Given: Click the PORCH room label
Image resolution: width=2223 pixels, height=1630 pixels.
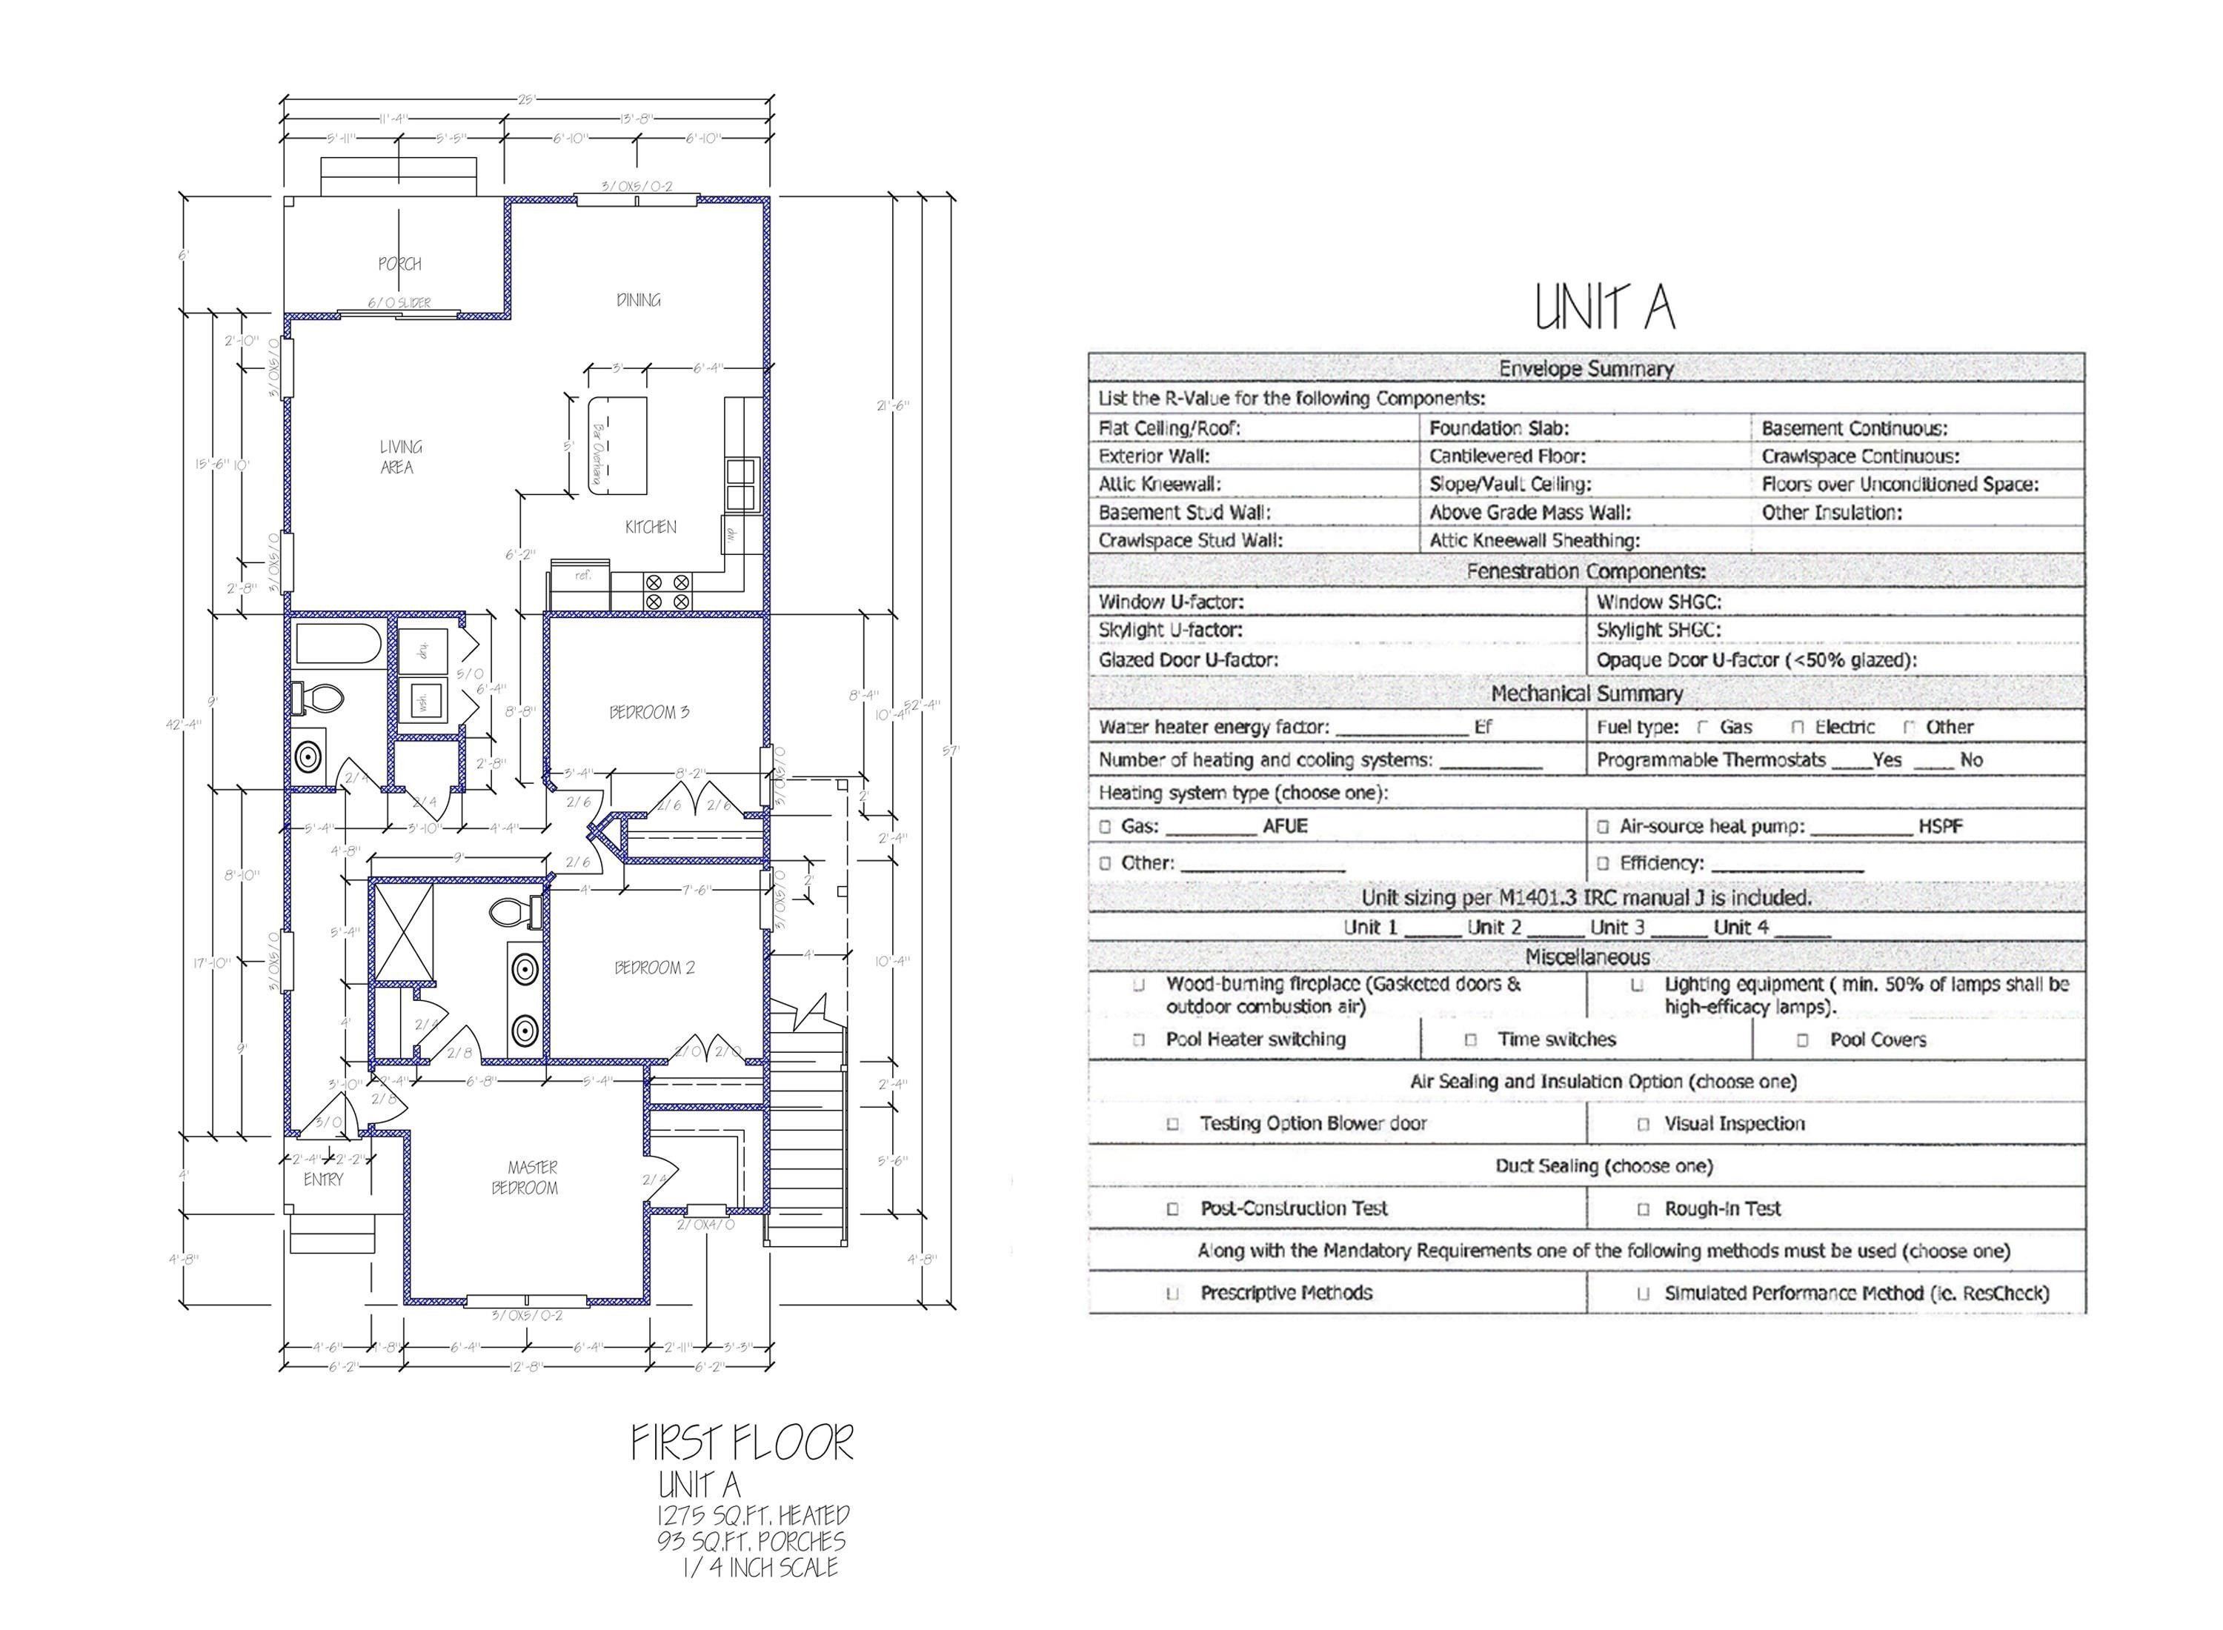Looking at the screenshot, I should pos(399,264).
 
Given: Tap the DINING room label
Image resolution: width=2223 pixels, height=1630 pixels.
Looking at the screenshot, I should pos(639,300).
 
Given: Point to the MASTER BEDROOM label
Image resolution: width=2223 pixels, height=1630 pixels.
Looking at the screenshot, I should pos(527,1177).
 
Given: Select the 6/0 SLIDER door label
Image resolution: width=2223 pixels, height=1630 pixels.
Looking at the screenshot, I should pos(399,303).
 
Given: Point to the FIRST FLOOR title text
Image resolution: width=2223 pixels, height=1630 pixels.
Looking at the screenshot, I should pos(742,1443).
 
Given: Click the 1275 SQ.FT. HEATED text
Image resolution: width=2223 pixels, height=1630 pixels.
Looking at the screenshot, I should pos(753,1514).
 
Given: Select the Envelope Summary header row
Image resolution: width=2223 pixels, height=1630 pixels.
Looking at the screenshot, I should pos(1586,369).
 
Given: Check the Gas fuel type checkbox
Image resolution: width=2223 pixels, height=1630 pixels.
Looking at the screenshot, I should pos(1702,727).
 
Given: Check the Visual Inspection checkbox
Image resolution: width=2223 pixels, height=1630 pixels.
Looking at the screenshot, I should pos(1643,1124).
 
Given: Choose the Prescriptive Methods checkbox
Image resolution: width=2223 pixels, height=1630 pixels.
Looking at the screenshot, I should pos(1173,1294).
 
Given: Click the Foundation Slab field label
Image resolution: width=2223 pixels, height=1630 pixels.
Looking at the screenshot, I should pos(1499,428).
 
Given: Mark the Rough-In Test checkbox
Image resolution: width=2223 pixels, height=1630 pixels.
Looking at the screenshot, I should pos(1643,1208).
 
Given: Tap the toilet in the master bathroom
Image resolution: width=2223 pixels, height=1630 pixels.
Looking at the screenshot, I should pos(513,910).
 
